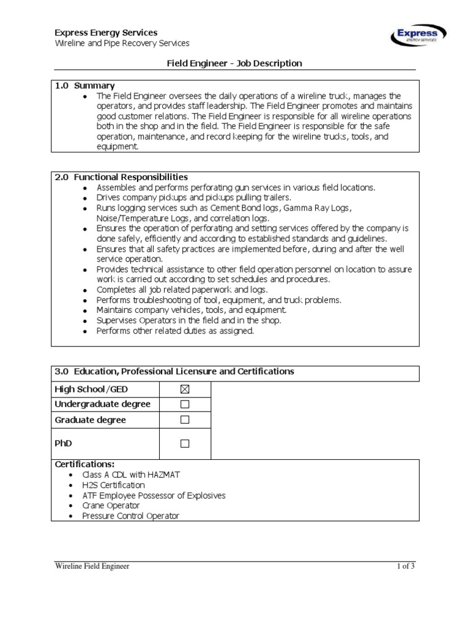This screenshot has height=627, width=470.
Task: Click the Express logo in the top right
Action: pyautogui.click(x=418, y=36)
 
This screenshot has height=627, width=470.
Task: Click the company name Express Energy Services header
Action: pyautogui.click(x=106, y=32)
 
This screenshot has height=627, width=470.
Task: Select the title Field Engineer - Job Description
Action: pyautogui.click(x=234, y=63)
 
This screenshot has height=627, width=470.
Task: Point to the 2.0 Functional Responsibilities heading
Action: pyautogui.click(x=121, y=177)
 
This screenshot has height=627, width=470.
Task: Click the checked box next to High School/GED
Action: pyautogui.click(x=185, y=389)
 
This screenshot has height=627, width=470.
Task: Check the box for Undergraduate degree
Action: pyautogui.click(x=185, y=405)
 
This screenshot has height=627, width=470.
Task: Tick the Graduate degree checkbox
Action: pyautogui.click(x=185, y=420)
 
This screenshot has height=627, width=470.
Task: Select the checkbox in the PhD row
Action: pyautogui.click(x=185, y=443)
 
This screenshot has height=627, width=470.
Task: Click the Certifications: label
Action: pyautogui.click(x=85, y=464)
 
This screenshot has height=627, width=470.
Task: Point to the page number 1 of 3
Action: pyautogui.click(x=405, y=566)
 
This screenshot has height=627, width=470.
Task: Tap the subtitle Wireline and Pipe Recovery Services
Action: pyautogui.click(x=122, y=43)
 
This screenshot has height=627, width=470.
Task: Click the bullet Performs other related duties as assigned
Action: pyautogui.click(x=175, y=331)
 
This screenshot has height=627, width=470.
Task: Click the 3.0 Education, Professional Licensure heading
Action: pyautogui.click(x=174, y=372)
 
